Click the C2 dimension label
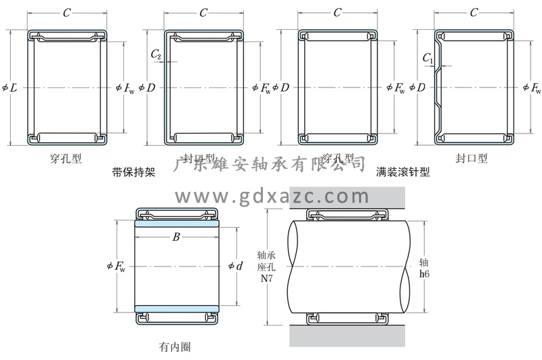pyautogui.click(x=156, y=54)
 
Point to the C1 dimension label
pyautogui.click(x=428, y=58)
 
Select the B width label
pyautogui.click(x=176, y=237)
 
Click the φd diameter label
pyautogui.click(x=236, y=266)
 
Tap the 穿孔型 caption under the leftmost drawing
pyautogui.click(x=66, y=159)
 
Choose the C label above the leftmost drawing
pyautogui.click(x=66, y=13)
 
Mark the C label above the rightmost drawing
pyautogui.click(x=474, y=13)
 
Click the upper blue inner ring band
pyautogui.click(x=177, y=223)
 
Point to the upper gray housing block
pyautogui.click(x=347, y=197)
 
